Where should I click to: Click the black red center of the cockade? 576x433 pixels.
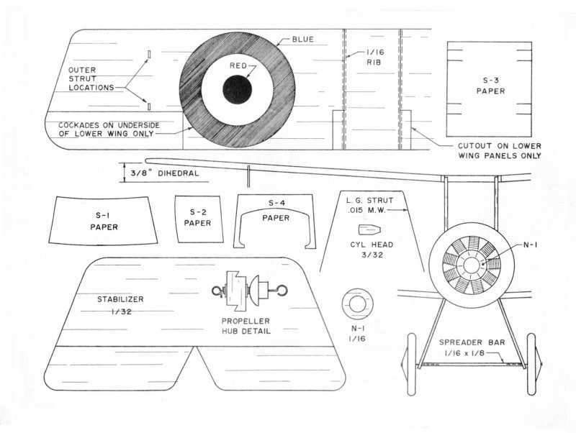click(237, 89)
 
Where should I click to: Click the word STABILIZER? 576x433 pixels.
click(122, 298)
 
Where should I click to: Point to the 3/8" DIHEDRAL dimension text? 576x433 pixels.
click(165, 173)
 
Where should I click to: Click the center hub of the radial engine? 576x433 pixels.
click(472, 265)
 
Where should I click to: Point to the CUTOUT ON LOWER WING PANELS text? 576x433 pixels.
click(499, 150)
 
